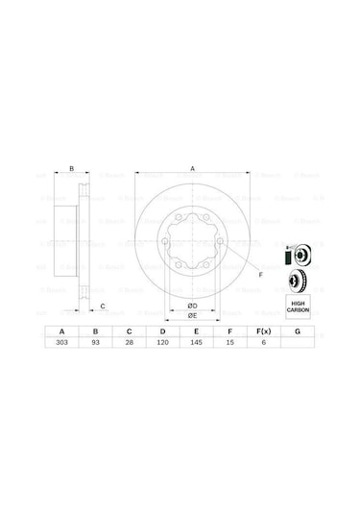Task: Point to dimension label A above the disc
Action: click(193, 168)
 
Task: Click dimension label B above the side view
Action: click(71, 168)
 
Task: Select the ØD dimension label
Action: click(192, 305)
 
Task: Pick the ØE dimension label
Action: click(192, 314)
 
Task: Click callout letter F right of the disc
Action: click(259, 275)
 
